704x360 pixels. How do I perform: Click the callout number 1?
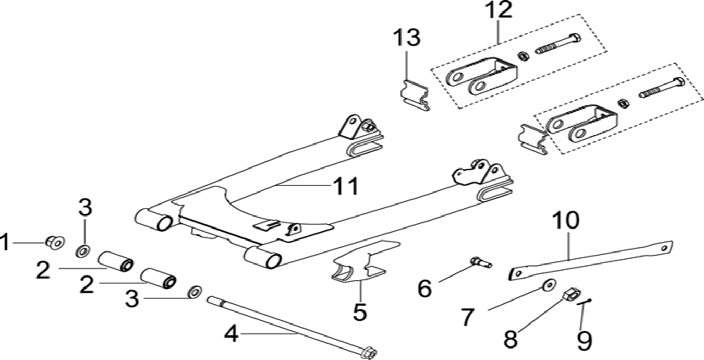(x=5, y=243)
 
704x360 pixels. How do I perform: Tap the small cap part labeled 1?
(x=54, y=241)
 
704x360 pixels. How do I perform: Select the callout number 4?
(x=231, y=333)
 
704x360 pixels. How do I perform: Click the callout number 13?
(x=406, y=38)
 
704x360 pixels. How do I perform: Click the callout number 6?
(x=425, y=287)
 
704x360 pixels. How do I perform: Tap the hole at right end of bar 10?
(x=664, y=247)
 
